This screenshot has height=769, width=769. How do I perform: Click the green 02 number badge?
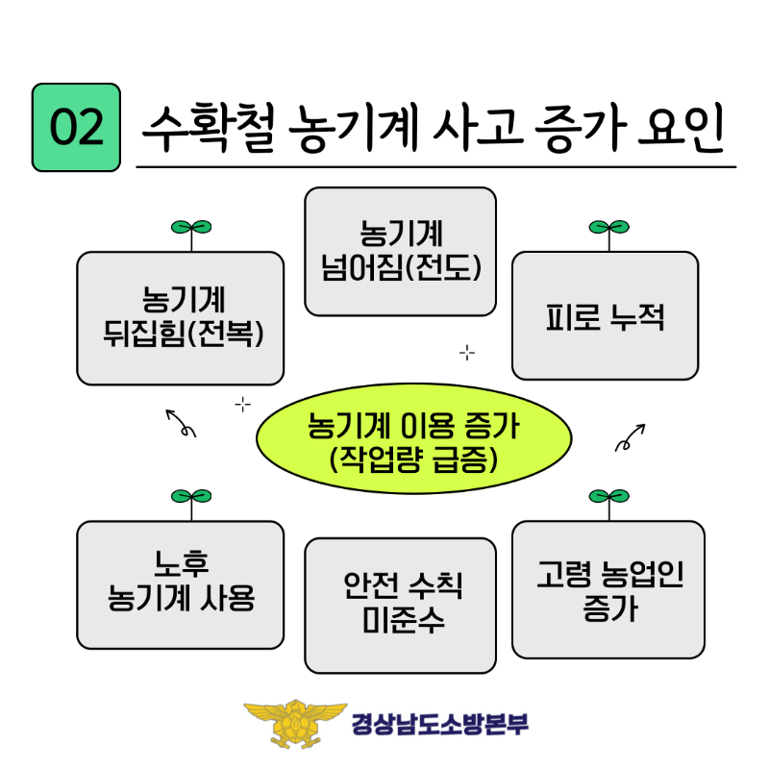(x=76, y=128)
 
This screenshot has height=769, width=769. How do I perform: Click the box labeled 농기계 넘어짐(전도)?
(x=400, y=252)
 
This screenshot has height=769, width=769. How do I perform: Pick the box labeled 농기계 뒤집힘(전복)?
(x=181, y=317)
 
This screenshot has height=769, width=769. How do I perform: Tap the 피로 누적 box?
(x=605, y=315)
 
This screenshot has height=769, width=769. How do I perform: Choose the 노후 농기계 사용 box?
(x=181, y=584)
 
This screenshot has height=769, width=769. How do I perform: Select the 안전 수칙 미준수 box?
(x=400, y=605)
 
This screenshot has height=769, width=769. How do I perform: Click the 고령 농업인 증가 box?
(x=608, y=589)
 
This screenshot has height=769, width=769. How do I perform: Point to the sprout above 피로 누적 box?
(x=608, y=229)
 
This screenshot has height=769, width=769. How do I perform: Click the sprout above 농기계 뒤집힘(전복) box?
(x=190, y=229)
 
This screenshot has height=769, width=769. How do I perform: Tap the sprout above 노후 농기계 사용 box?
(x=190, y=498)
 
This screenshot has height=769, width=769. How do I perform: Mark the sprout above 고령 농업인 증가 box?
(x=608, y=498)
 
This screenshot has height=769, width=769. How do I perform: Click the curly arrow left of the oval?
(x=181, y=423)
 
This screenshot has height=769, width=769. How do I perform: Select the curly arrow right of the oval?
(x=630, y=436)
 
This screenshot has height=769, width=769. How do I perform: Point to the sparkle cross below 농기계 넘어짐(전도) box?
(x=467, y=353)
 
